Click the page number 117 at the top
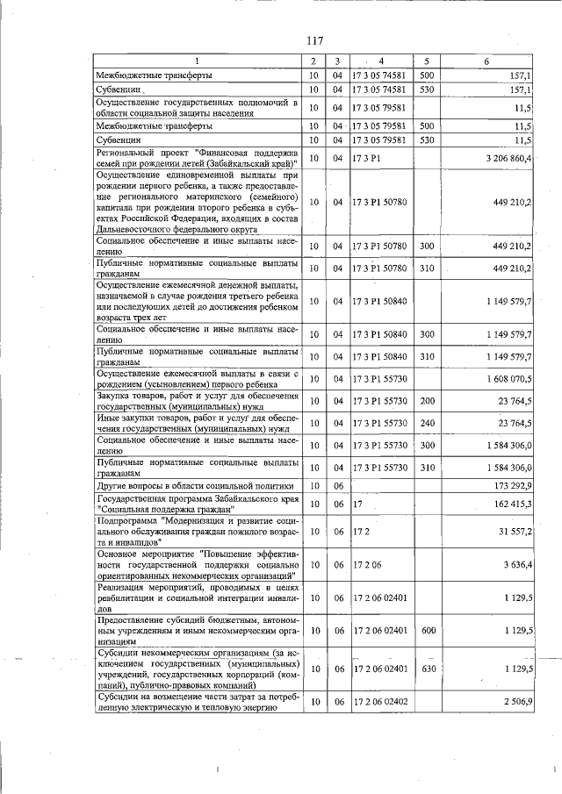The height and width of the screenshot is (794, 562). tap(316, 40)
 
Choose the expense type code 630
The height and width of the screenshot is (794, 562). tap(428, 669)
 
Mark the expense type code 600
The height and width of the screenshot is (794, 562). tap(428, 630)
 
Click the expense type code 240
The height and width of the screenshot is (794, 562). tap(428, 423)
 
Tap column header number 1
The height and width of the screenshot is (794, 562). tap(197, 61)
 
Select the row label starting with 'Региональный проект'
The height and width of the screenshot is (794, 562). tap(197, 158)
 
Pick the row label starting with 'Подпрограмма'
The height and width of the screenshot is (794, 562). tap(197, 532)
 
